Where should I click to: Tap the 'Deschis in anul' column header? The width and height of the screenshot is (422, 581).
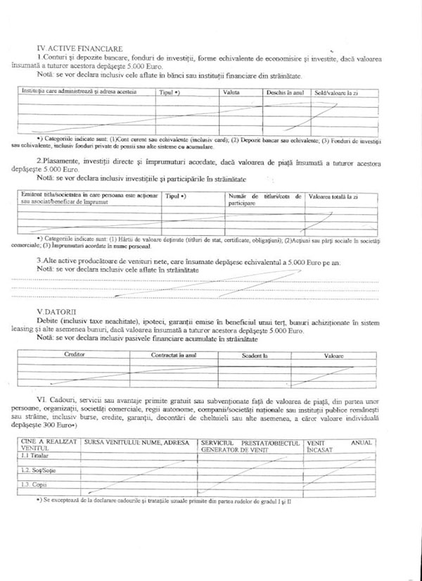(x=283, y=92)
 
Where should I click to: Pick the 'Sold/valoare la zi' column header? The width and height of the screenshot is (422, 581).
(x=337, y=92)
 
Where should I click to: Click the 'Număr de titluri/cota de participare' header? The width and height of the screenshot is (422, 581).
(x=264, y=199)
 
